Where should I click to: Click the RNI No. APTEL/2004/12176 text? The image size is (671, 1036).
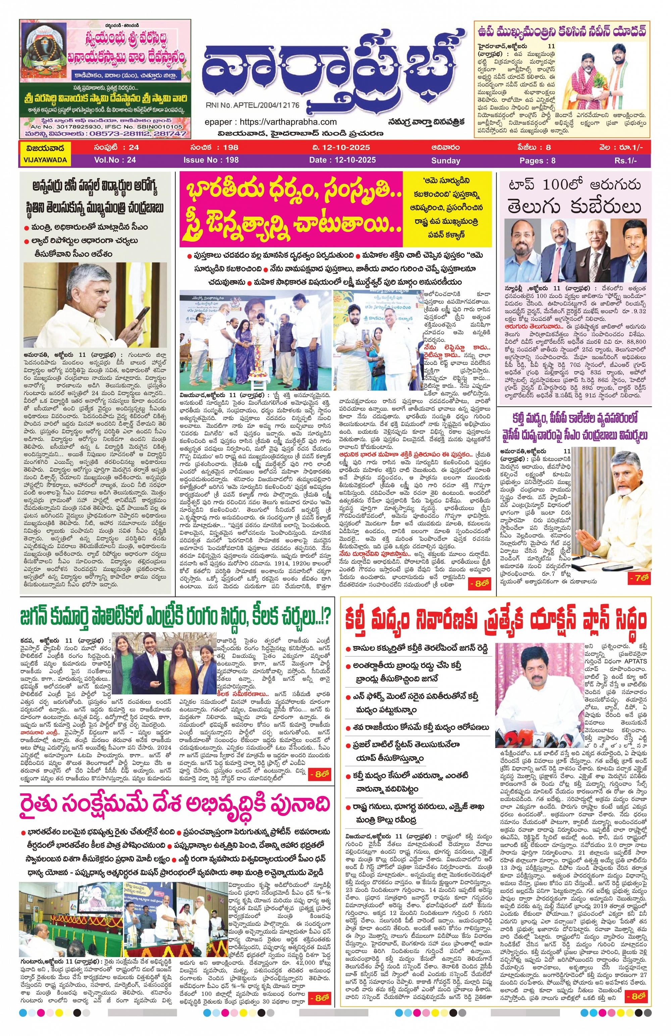coord(252,105)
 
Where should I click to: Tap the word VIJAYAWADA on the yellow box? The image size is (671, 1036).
coord(45,160)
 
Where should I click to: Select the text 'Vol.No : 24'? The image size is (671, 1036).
coord(115,160)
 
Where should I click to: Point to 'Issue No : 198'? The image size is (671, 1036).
coord(211,160)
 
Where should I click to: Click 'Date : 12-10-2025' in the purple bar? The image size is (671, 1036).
coord(342,160)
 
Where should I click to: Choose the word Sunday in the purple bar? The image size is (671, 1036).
coord(445,160)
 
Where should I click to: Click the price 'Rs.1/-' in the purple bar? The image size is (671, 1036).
coord(625,160)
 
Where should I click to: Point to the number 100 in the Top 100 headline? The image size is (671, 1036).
coord(563,185)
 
